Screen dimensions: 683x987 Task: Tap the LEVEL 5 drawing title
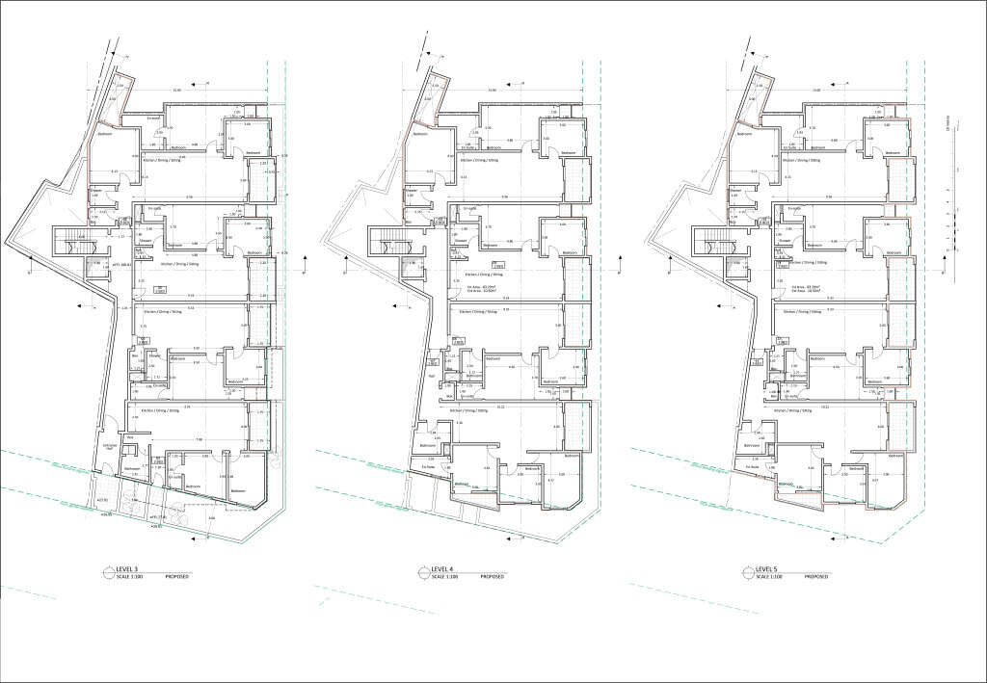tap(769, 569)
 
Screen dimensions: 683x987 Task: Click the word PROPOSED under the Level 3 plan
tap(177, 576)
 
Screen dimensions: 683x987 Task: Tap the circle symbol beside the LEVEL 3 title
tap(107, 572)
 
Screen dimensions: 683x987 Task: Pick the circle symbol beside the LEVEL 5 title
tap(749, 572)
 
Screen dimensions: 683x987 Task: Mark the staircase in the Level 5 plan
tap(714, 240)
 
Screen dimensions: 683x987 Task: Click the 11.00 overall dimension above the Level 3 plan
tap(176, 91)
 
